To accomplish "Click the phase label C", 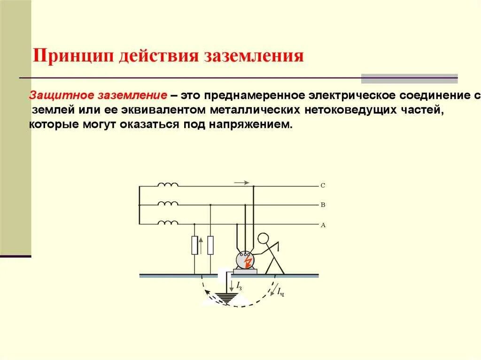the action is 323,185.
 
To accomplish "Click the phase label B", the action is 323,205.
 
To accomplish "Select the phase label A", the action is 323,225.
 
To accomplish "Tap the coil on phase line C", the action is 168,185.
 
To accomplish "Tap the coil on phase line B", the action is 168,204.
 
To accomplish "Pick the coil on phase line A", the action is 168,223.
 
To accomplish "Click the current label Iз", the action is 239,285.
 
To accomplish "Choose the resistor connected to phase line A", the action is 194,245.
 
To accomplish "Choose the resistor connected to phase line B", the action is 210,245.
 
